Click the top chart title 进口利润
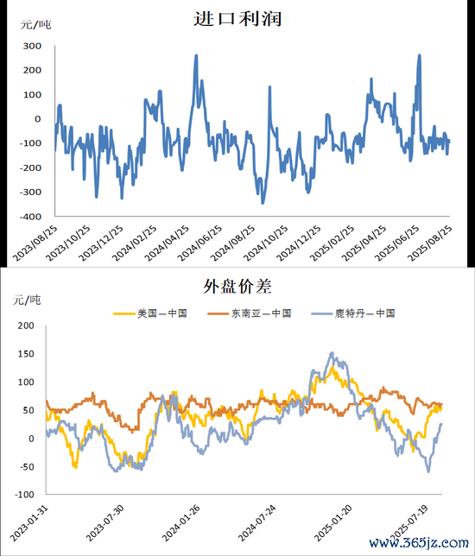coord(237,18)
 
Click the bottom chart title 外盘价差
coord(237,286)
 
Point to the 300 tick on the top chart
coord(32,46)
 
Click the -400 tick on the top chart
coord(30,217)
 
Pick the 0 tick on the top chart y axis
coord(38,119)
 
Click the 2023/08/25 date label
coord(35,244)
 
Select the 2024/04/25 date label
coord(167,244)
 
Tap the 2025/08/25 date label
coord(429,244)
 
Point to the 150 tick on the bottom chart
coord(26,354)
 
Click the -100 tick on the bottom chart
coord(24,495)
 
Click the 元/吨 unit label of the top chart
coord(35,25)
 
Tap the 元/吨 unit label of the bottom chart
coord(27,300)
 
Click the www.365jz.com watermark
coord(419,542)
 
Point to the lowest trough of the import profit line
coord(263,203)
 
